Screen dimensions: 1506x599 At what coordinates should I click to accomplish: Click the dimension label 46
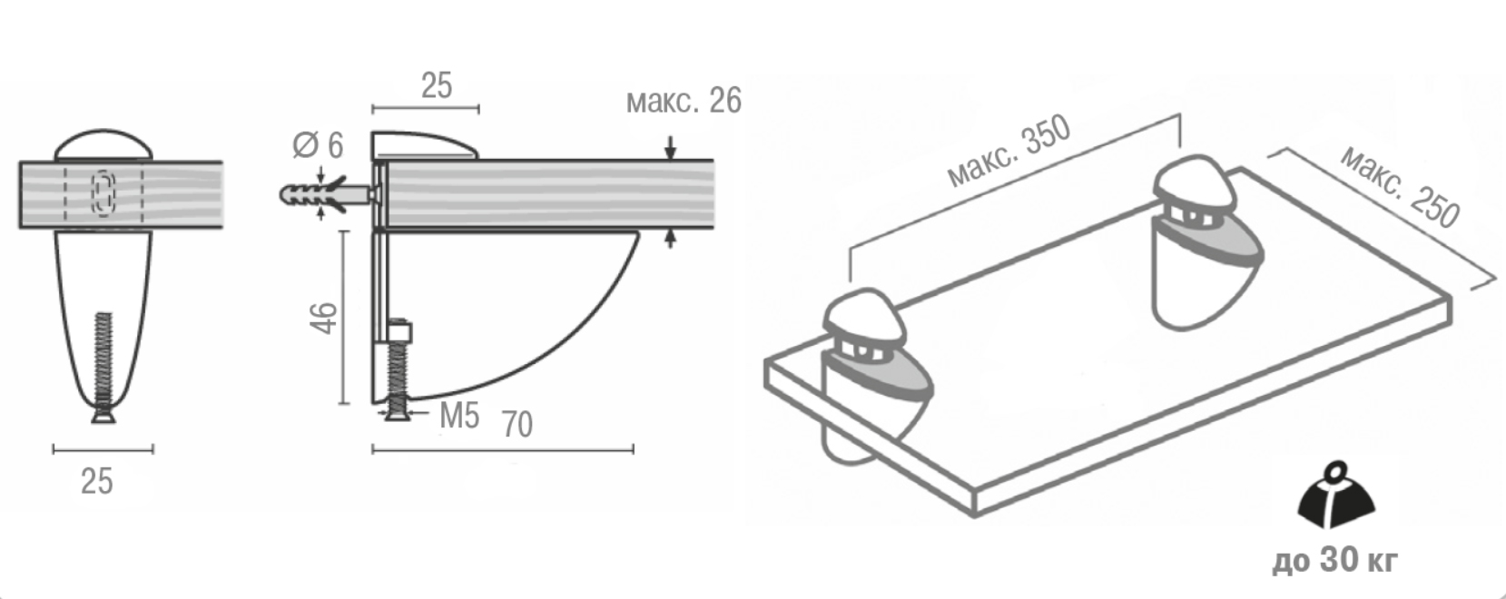[323, 318]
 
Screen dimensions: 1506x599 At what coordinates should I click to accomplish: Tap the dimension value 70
[517, 424]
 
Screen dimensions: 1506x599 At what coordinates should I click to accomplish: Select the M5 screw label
[459, 415]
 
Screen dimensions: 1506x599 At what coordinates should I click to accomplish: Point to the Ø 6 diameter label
[318, 145]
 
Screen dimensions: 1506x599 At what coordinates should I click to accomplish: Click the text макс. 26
[684, 101]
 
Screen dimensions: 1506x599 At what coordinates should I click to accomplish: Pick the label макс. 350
[1009, 152]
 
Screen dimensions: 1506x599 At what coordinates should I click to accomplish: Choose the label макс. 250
[1401, 186]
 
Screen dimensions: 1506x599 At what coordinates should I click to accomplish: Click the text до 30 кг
[1334, 559]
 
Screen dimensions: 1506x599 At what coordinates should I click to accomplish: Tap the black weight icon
[1336, 495]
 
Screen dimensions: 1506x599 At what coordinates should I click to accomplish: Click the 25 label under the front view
[97, 481]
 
